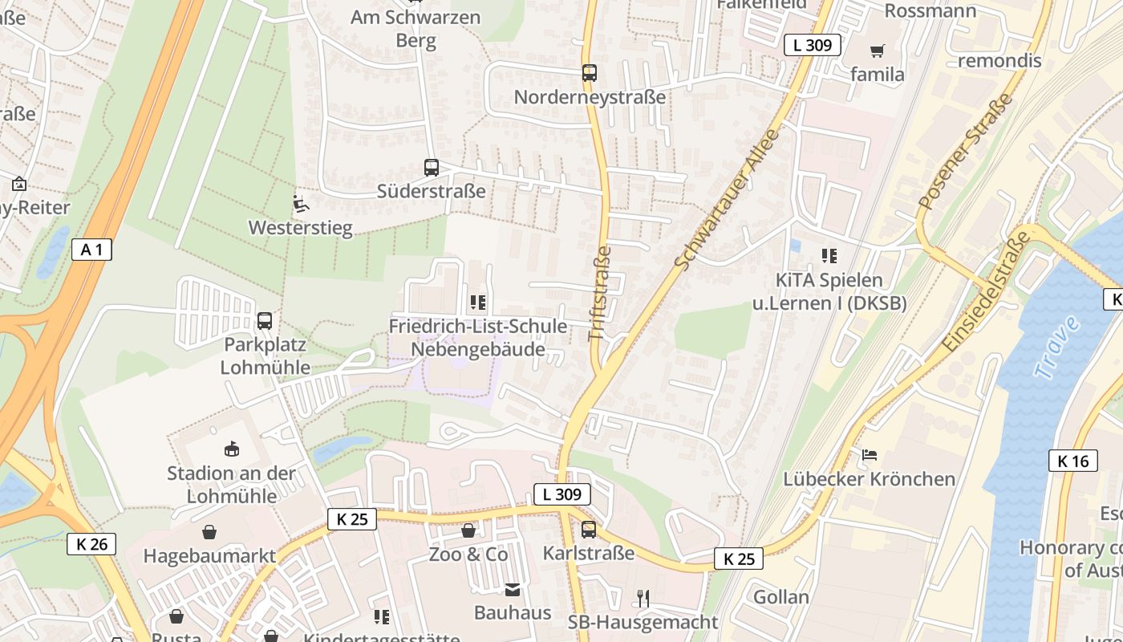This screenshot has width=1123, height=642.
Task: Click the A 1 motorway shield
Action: tap(91, 250)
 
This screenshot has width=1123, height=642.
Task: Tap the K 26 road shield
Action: tap(91, 544)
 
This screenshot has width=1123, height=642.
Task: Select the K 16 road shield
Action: tap(1072, 461)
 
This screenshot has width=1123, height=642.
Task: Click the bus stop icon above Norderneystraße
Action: tap(590, 73)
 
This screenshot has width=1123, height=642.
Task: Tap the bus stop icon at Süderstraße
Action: tap(432, 168)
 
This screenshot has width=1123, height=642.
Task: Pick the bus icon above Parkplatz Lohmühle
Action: tap(265, 321)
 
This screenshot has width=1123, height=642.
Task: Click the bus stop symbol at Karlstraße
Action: tap(589, 530)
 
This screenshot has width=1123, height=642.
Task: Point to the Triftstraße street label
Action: tap(600, 294)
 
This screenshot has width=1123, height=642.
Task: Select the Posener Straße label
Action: tap(966, 152)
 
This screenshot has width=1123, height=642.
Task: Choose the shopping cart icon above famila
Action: tap(878, 51)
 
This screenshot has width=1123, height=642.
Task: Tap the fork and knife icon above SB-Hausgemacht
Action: tap(643, 598)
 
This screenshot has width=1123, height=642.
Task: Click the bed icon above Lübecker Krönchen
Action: tap(869, 455)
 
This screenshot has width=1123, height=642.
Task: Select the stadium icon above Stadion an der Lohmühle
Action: tap(232, 449)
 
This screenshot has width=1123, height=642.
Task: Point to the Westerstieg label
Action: tap(300, 228)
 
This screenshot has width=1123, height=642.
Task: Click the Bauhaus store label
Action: tap(513, 613)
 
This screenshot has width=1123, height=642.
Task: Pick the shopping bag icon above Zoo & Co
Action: tap(468, 530)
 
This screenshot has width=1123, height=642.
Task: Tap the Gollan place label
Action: tap(780, 596)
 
